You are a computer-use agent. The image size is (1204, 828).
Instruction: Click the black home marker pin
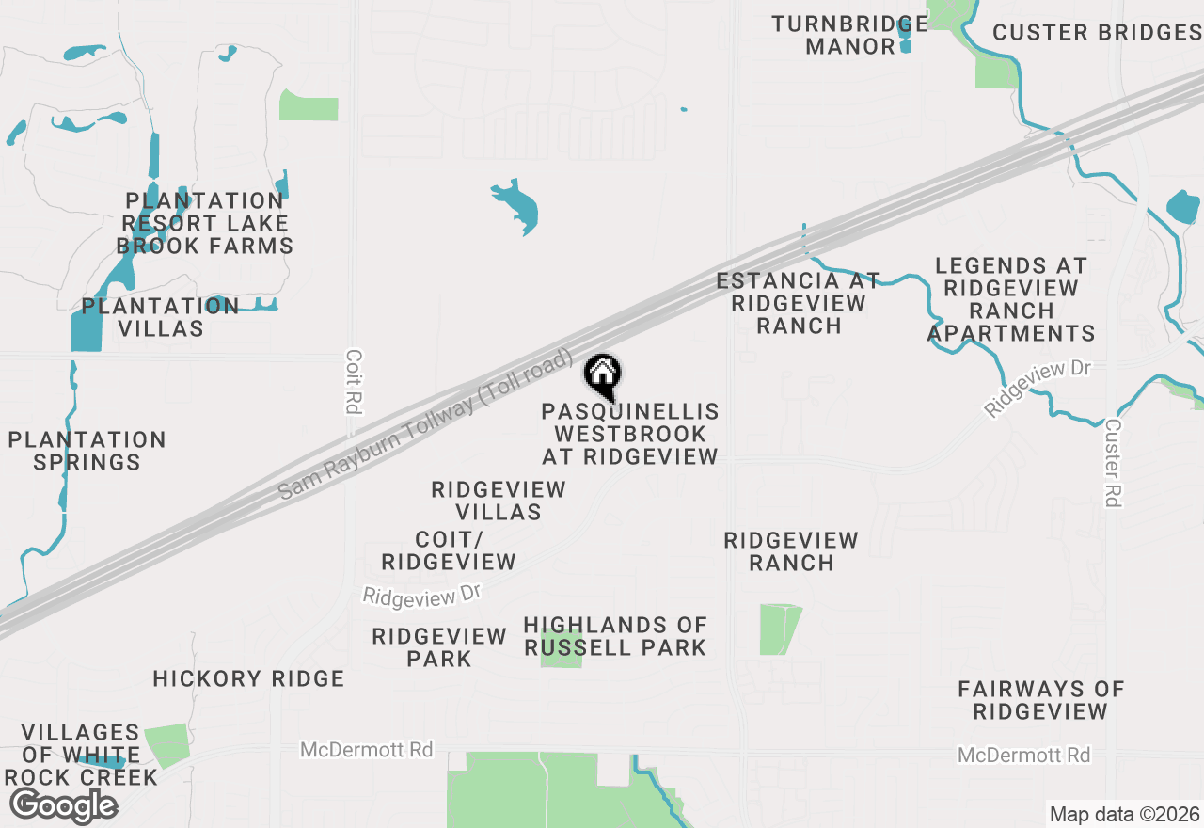[602, 375]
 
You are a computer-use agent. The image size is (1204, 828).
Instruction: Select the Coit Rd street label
[354, 383]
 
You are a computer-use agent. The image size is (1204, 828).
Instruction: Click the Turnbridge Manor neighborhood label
[850, 35]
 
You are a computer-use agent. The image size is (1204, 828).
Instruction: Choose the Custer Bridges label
[1097, 32]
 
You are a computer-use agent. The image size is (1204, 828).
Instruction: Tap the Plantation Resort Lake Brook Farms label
[204, 224]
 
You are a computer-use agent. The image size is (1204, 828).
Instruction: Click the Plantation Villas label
[160, 317]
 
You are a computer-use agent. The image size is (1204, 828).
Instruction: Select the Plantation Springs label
[87, 451]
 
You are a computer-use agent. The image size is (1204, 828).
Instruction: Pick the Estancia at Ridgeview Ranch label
[799, 303]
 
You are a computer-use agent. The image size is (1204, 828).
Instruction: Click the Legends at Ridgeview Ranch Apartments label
[1011, 299]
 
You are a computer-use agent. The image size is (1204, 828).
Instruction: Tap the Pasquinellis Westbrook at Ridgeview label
[630, 434]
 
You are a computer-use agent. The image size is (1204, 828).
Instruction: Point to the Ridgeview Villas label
[499, 501]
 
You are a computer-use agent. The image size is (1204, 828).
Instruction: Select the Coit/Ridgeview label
[449, 550]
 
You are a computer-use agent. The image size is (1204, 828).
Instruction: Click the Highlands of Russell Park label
[615, 636]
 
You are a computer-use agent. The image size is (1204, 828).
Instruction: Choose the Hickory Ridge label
[248, 678]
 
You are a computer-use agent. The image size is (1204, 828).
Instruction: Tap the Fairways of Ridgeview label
[1041, 700]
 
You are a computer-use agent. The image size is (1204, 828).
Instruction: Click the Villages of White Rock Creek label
[81, 755]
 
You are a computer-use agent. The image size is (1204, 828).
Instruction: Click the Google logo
[63, 805]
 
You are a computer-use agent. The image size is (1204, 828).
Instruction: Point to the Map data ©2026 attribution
[1124, 814]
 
